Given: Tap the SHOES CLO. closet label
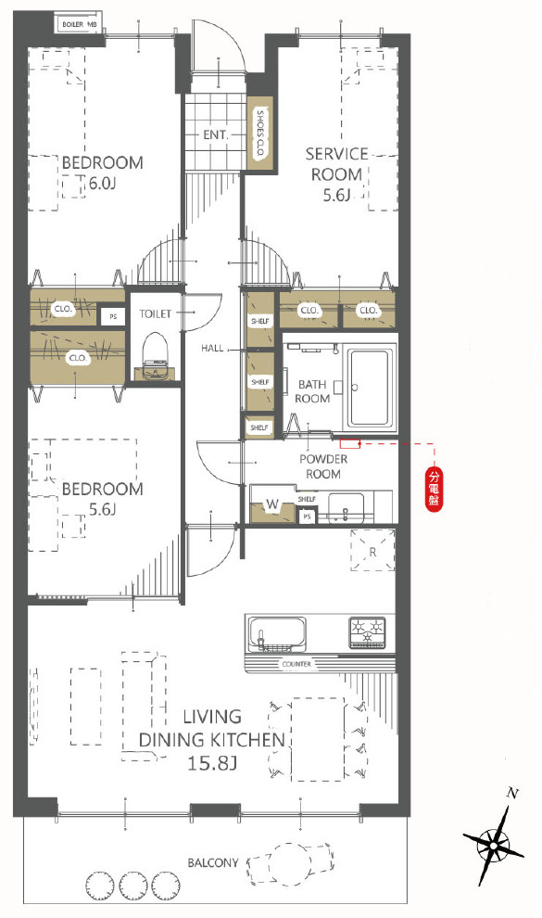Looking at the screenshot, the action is [260, 134].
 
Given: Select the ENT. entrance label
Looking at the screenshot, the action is [215, 134].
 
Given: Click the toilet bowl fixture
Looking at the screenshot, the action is [156, 355].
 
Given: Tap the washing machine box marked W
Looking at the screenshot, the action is [272, 504].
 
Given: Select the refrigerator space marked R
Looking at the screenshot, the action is [372, 550].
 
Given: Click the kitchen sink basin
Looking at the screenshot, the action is [276, 634].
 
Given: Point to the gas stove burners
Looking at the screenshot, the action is [368, 632].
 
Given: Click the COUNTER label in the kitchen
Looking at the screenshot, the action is [296, 665].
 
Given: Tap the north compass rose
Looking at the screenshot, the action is [494, 844].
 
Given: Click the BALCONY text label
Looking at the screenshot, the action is [213, 863].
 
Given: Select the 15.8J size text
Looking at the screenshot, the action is [212, 763].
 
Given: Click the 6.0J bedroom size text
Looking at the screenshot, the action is [102, 184].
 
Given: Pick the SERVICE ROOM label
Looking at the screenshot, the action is [336, 164].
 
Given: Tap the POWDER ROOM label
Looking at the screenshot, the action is [323, 466].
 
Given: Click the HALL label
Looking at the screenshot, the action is [212, 349].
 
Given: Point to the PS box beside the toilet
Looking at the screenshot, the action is [113, 316].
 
